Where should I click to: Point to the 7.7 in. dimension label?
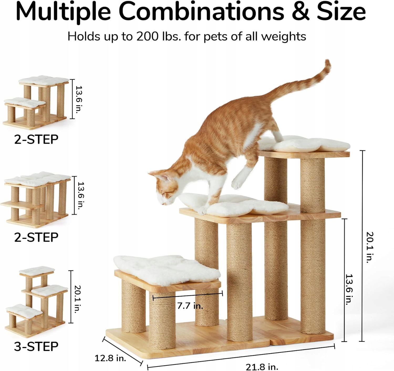click(x=190, y=306)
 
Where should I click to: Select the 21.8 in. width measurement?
click(x=262, y=367)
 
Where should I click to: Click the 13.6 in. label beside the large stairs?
click(x=349, y=289)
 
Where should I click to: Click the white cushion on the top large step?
click(x=304, y=144)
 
